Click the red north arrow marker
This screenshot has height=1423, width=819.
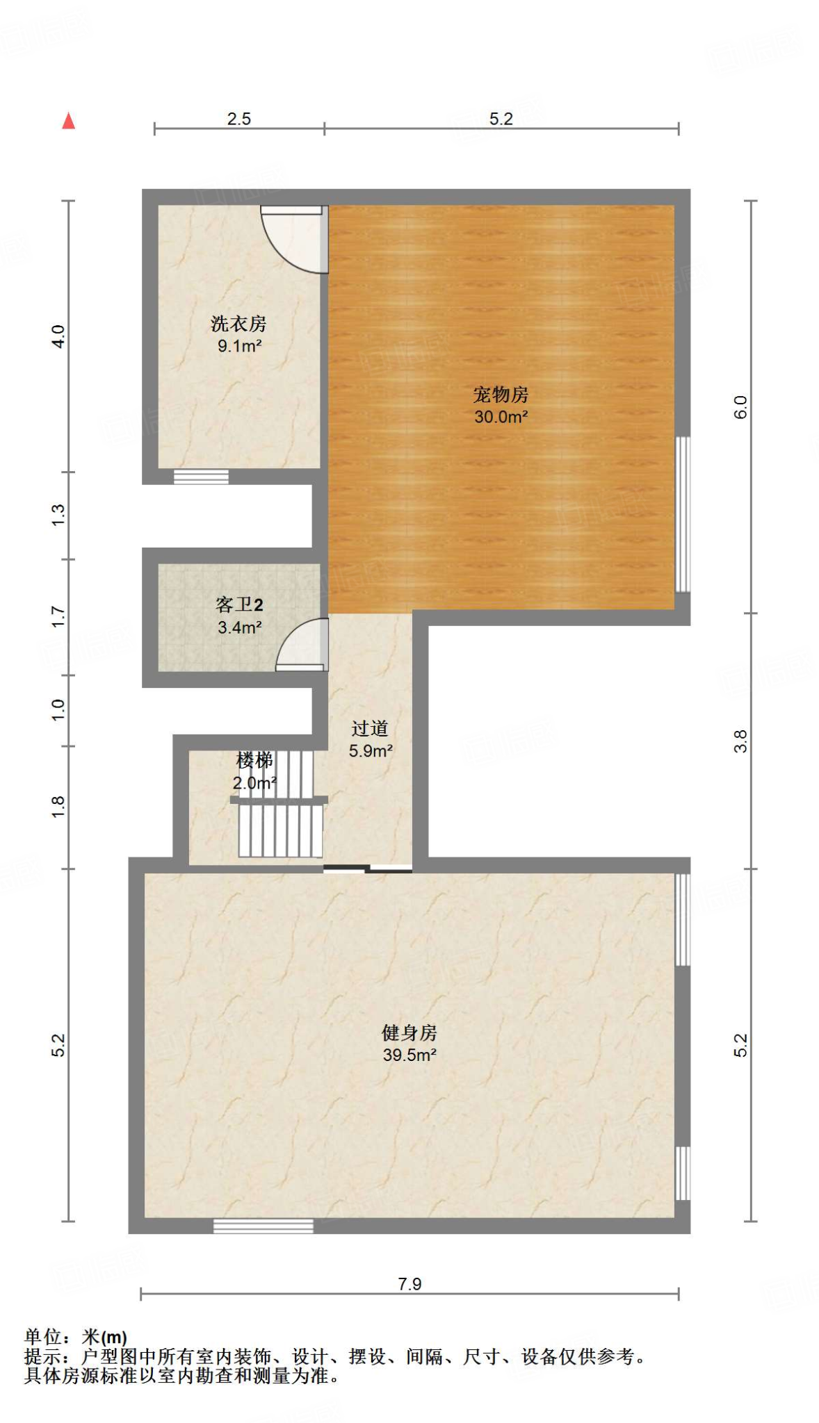pyautogui.click(x=68, y=121)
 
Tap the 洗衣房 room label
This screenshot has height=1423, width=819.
pyautogui.click(x=238, y=323)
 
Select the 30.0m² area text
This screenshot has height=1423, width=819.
pyautogui.click(x=501, y=417)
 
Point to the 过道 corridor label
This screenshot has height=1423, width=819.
pyautogui.click(x=370, y=728)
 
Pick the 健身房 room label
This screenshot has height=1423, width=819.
pyautogui.click(x=409, y=1033)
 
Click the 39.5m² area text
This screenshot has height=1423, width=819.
pyautogui.click(x=409, y=1055)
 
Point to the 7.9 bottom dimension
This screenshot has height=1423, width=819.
pyautogui.click(x=409, y=1284)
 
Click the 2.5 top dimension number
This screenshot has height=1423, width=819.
pyautogui.click(x=238, y=119)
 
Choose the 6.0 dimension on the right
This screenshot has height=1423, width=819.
pyautogui.click(x=740, y=406)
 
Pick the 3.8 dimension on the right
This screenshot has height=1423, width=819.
pyautogui.click(x=740, y=741)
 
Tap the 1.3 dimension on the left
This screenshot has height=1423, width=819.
pyautogui.click(x=58, y=515)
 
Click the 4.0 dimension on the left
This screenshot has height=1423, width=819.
pyautogui.click(x=58, y=336)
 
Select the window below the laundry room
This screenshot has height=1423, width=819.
pyautogui.click(x=201, y=477)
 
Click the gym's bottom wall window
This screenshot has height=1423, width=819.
pyautogui.click(x=263, y=1226)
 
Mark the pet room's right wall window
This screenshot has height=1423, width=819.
pyautogui.click(x=683, y=514)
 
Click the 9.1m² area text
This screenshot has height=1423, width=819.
pyautogui.click(x=238, y=346)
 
